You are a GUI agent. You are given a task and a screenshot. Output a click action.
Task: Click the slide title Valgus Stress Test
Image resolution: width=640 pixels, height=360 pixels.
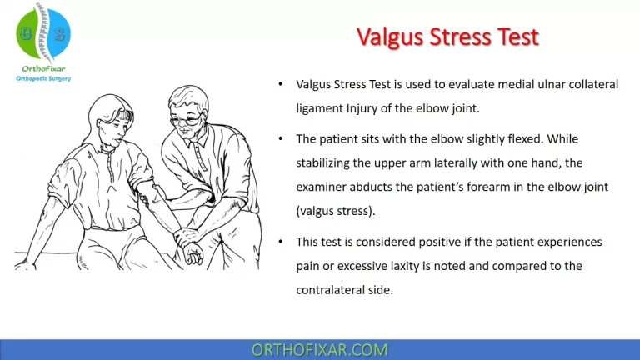(447, 37)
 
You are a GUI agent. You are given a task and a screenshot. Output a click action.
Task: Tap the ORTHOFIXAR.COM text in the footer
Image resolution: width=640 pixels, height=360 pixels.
(319, 349)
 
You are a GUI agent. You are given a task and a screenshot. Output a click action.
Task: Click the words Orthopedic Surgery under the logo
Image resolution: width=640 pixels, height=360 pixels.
(44, 78)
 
